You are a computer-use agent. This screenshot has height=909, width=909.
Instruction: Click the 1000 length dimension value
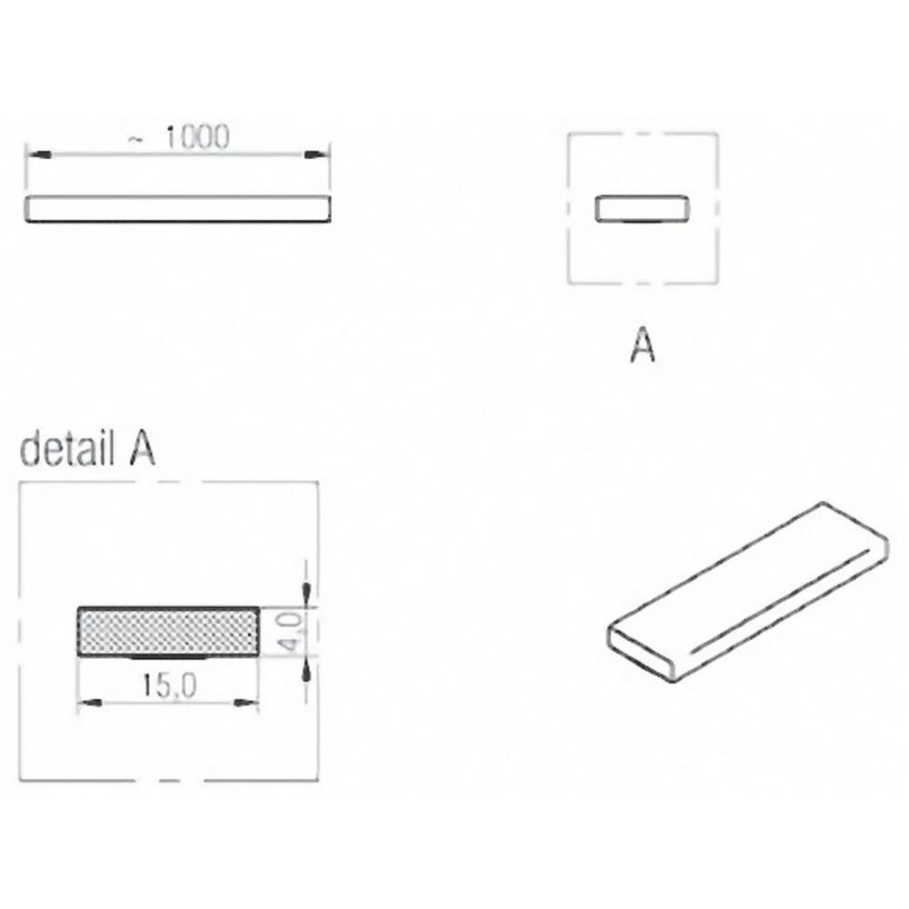click(197, 137)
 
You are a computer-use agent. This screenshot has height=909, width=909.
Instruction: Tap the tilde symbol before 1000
click(135, 139)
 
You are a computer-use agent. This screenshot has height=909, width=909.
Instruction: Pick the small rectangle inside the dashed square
click(641, 208)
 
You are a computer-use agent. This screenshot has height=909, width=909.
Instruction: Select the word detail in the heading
click(62, 451)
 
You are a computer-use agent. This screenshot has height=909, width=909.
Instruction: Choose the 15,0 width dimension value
click(170, 687)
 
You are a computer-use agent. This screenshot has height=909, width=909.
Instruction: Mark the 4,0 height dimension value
click(290, 631)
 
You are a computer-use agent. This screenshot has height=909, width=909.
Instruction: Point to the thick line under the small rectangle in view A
click(641, 221)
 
